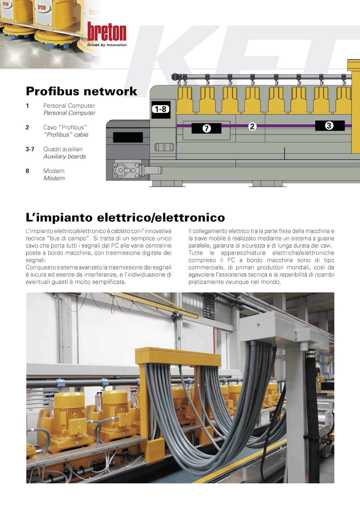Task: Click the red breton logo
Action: tap(107, 31)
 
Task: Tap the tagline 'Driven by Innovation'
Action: tap(107, 45)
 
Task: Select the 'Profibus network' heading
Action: tap(81, 91)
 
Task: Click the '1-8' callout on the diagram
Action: tap(161, 109)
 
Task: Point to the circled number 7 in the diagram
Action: tap(206, 128)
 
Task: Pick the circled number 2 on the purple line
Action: tap(252, 126)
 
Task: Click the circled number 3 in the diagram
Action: tap(329, 126)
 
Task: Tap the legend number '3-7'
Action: tap(30, 149)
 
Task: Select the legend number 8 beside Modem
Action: tap(27, 171)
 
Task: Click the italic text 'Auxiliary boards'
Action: tap(64, 157)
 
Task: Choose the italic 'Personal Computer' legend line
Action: tap(69, 113)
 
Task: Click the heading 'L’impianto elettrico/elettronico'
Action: tap(125, 217)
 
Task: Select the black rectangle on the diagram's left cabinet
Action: tap(128, 137)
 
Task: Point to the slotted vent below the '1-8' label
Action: tap(164, 147)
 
